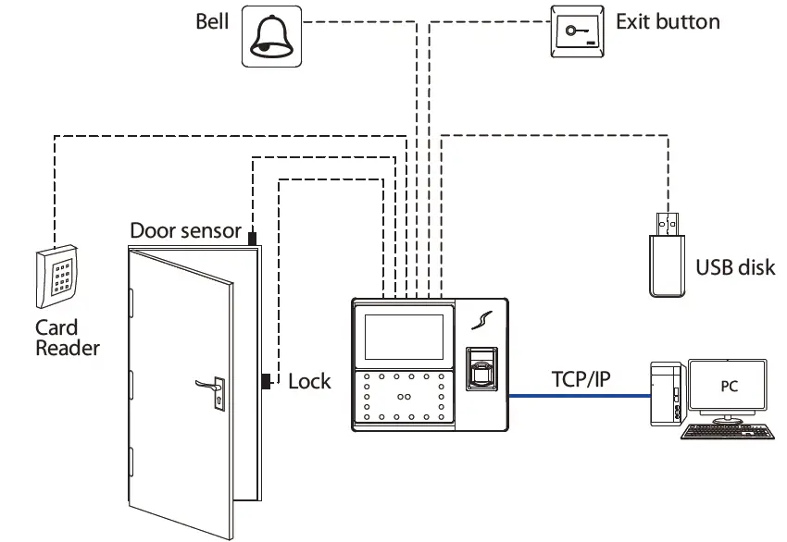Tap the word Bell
click(x=212, y=21)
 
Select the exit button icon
click(x=579, y=33)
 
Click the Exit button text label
click(x=667, y=21)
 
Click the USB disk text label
click(x=734, y=268)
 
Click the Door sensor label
click(x=185, y=230)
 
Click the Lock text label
click(x=309, y=381)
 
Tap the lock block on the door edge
click(x=266, y=380)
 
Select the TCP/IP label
click(x=580, y=378)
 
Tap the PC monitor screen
click(x=729, y=386)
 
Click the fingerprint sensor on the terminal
click(x=480, y=369)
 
